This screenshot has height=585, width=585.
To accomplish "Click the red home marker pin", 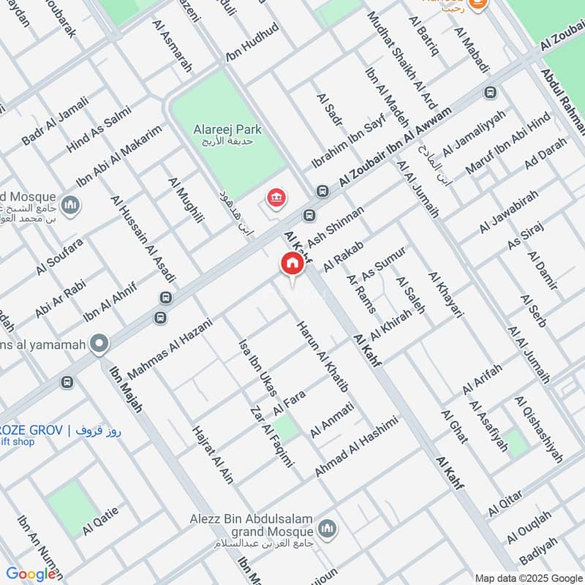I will (292, 265).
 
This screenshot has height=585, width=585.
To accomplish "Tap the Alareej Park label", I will (227, 129).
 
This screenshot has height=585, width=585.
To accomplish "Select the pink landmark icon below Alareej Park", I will (276, 198).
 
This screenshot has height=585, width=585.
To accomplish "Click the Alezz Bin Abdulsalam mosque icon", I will (327, 528).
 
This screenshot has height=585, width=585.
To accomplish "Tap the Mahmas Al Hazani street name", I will (170, 348).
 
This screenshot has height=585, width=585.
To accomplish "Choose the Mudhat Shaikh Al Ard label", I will (401, 59).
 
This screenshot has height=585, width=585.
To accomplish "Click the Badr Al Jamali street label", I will (55, 125).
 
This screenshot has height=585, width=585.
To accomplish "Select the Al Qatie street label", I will (100, 525).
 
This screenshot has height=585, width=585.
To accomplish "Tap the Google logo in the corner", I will (31, 574).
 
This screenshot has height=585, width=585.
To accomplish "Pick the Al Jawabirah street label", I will (509, 211).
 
